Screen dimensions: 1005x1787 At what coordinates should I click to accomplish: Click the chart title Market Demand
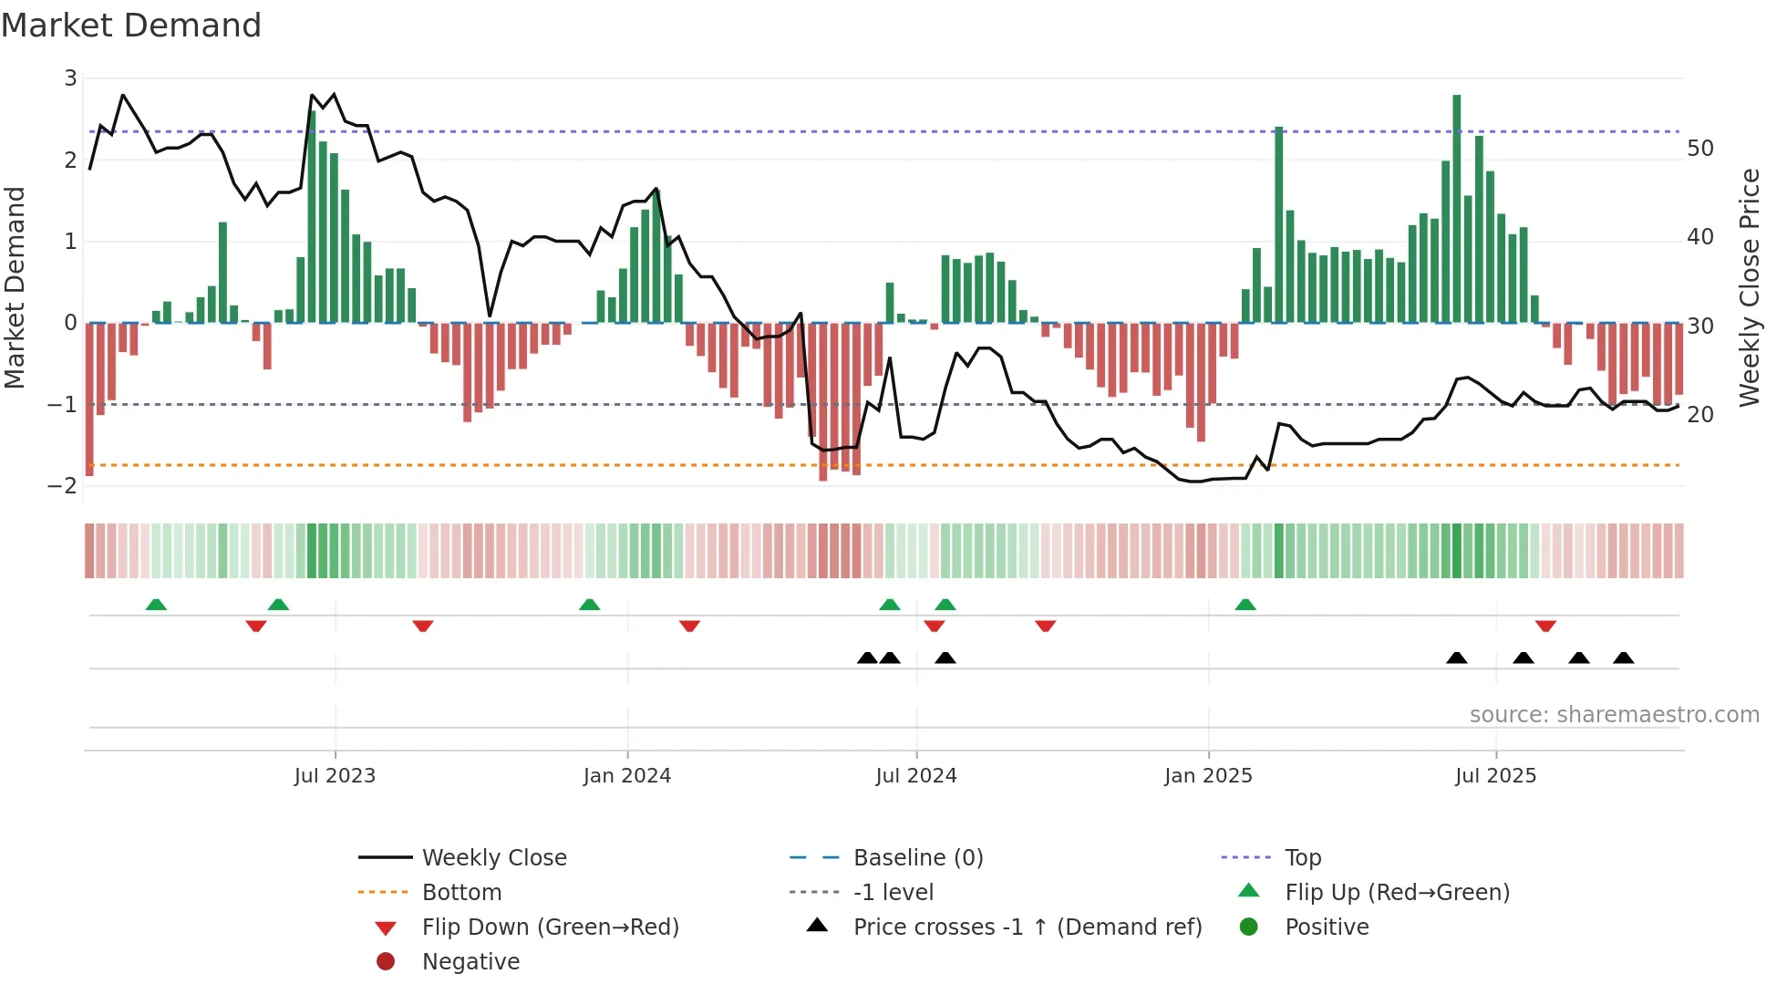(x=131, y=26)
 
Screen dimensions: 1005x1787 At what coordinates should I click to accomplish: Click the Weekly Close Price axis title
(x=1749, y=287)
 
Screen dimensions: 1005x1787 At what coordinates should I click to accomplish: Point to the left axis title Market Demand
(x=15, y=287)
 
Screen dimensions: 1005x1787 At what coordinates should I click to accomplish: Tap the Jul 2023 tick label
(x=335, y=776)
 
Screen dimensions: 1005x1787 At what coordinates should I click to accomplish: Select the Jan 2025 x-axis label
(x=1208, y=776)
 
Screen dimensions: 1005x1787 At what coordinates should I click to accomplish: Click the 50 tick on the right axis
(x=1699, y=149)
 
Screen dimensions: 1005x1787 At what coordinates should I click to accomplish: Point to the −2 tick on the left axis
(x=63, y=486)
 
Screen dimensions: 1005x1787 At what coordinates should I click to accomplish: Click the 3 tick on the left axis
(x=70, y=78)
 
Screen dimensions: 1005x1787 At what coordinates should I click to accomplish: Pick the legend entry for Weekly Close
(x=493, y=858)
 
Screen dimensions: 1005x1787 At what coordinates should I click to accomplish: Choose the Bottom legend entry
(x=461, y=893)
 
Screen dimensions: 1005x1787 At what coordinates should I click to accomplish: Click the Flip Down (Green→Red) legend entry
(x=550, y=927)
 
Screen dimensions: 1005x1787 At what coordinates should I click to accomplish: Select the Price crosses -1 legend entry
(x=1027, y=927)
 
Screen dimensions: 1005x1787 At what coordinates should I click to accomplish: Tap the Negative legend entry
(x=470, y=962)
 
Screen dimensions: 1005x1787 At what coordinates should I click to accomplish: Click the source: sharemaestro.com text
(x=1614, y=715)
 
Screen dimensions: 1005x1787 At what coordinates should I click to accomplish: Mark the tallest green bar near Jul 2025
(x=1457, y=210)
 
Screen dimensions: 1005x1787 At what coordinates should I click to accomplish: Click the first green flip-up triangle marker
(x=156, y=605)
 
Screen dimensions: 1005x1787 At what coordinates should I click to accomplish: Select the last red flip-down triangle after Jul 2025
(x=1545, y=626)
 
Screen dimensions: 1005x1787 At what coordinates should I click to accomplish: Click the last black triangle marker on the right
(x=1624, y=658)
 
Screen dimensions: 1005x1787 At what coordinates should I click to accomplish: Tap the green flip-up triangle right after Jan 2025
(x=1245, y=605)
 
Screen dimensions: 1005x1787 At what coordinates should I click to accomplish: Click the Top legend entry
(x=1302, y=858)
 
